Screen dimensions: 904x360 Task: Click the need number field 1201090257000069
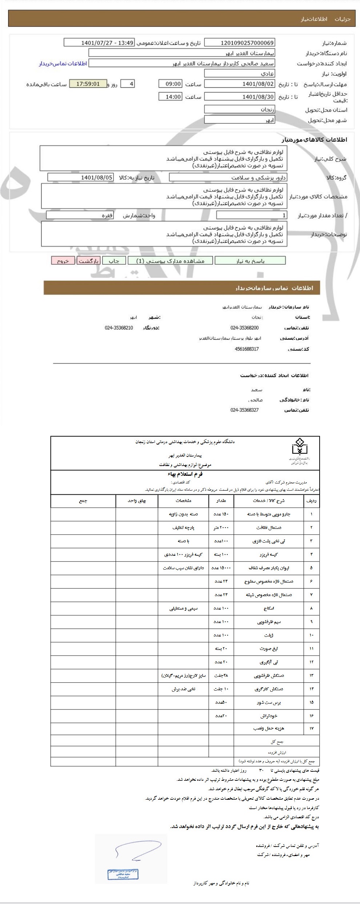pos(240,43)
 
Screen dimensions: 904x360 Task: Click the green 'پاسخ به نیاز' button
pos(250,261)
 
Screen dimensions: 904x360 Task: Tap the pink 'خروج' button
pos(63,261)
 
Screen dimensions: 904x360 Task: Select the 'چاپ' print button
pos(114,261)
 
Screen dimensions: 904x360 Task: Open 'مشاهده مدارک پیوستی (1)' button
pos(170,261)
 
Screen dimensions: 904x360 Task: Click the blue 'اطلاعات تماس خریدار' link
pos(63,64)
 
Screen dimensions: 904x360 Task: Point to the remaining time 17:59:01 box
pos(88,84)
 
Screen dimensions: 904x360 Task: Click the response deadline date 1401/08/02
pos(240,84)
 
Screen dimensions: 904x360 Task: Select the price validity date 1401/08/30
pos(240,97)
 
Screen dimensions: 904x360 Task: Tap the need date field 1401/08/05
pos(81,177)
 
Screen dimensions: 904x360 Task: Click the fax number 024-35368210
pos(119,328)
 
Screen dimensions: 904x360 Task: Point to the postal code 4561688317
pos(247,349)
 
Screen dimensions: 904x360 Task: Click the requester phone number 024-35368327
pos(244,410)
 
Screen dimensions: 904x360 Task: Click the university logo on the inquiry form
pos(299,452)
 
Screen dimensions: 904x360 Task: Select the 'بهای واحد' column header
pos(137,501)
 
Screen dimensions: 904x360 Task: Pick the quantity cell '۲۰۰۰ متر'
pos(221,528)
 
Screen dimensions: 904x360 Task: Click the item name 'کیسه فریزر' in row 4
pos(269,555)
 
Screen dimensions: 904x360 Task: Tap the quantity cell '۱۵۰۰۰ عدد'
pos(221,568)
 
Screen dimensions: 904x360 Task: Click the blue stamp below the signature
pos(123,874)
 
